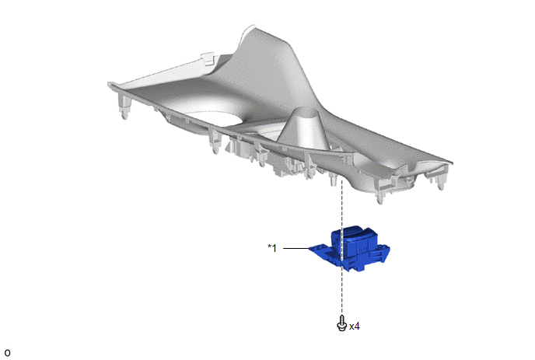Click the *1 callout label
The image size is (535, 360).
pyautogui.click(x=272, y=248)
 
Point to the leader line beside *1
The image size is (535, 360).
pyautogui.click(x=296, y=248)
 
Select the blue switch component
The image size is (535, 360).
pyautogui.click(x=349, y=248)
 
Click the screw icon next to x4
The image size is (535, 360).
pyautogui.click(x=342, y=323)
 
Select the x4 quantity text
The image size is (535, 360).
pyautogui.click(x=355, y=327)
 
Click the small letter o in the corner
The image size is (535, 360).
pyautogui.click(x=8, y=353)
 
